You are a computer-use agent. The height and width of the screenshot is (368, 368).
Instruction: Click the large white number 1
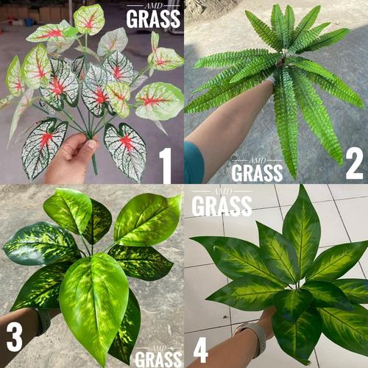coord(166,166)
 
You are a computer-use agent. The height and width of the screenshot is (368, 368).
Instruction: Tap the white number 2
coord(354,164)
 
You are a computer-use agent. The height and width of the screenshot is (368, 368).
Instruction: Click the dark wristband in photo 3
coord(44,320)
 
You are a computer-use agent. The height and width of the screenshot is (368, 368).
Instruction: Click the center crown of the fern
coord(282,65)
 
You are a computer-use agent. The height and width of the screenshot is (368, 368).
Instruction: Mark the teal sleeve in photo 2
coord(193,163)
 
